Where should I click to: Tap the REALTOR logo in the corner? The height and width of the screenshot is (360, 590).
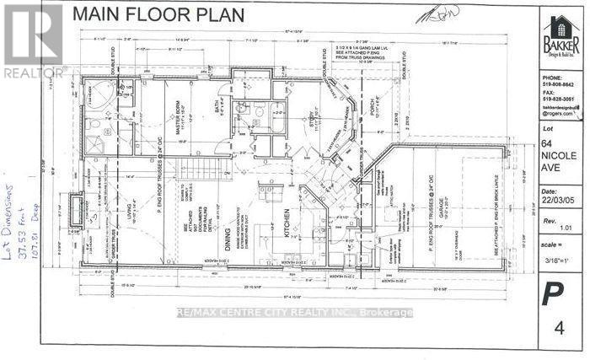(31, 41)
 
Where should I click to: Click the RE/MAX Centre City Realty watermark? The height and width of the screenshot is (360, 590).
(294, 313)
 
